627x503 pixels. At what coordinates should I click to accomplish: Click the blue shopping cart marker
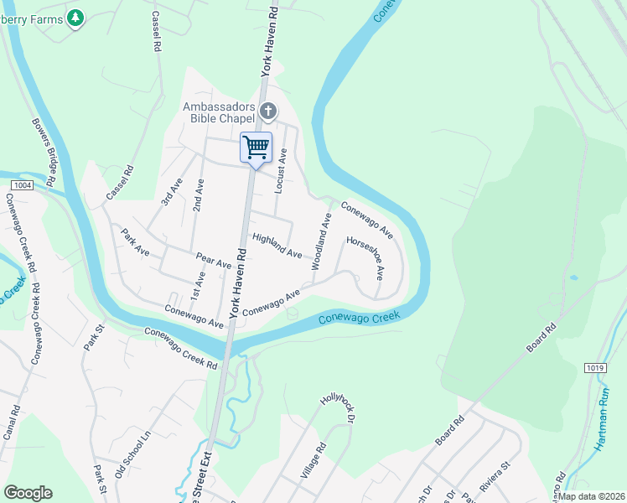click(x=256, y=148)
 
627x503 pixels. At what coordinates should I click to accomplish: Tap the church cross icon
click(x=268, y=111)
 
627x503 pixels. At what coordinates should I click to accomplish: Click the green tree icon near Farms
click(x=76, y=17)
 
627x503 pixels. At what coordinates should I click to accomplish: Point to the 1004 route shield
click(x=23, y=184)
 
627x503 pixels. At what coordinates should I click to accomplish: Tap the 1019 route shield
click(x=596, y=367)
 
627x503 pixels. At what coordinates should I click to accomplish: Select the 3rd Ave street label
click(x=171, y=192)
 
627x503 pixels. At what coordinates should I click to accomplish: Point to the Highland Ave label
click(x=277, y=245)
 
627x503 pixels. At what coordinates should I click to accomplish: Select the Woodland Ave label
click(x=322, y=241)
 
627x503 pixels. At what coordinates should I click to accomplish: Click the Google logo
click(x=28, y=493)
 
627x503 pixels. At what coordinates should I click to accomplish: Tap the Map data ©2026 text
click(x=590, y=495)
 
